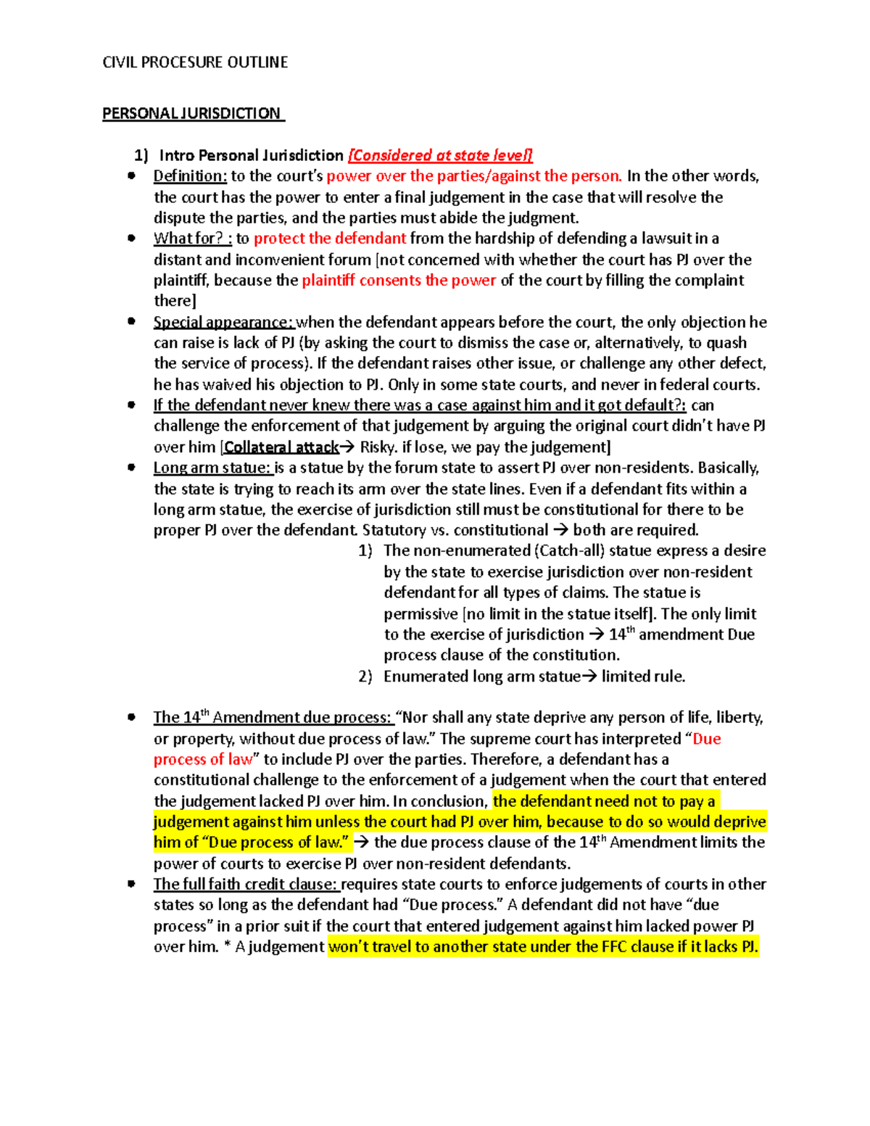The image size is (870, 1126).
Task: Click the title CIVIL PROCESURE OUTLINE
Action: [x=195, y=62]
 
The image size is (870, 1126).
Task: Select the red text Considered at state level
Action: [x=441, y=155]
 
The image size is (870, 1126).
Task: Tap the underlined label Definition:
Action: [x=190, y=176]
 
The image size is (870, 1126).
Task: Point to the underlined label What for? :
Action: [x=192, y=239]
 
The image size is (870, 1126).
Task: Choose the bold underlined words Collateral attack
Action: [x=281, y=447]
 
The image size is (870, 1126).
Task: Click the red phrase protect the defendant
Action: [x=330, y=239]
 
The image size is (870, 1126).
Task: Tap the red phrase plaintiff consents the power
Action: [x=399, y=281]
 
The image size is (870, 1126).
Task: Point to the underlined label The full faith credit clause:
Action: [x=246, y=885]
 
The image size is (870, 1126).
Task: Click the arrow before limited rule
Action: [x=590, y=676]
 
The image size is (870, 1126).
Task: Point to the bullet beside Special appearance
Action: [x=131, y=321]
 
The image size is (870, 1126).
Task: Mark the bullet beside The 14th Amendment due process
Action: [x=131, y=717]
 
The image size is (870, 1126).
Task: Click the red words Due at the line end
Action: [x=707, y=739]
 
